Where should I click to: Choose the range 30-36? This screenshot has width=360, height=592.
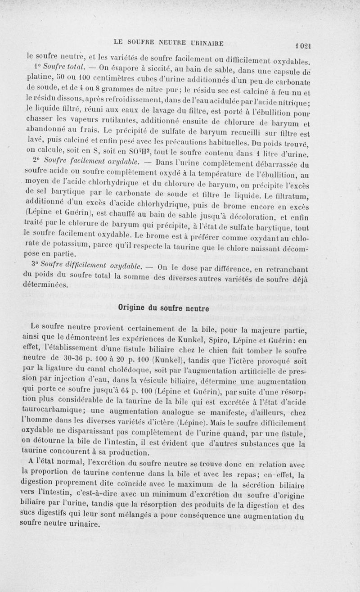pyautogui.click(x=70, y=359)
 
